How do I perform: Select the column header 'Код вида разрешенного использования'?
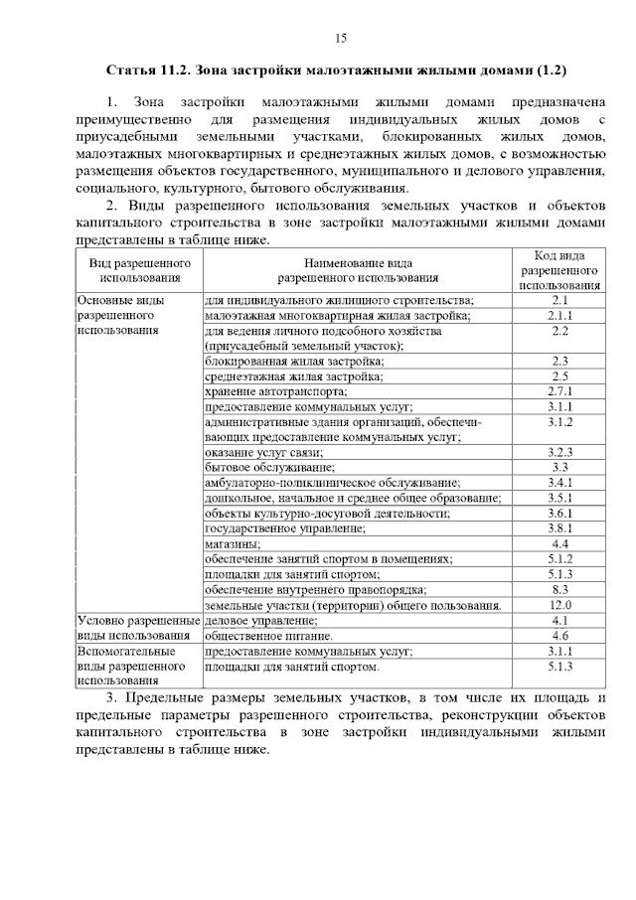(x=559, y=270)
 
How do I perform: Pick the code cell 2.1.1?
(x=559, y=315)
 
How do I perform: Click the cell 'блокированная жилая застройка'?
(x=294, y=362)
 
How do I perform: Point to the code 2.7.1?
(x=559, y=391)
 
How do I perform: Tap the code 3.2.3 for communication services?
(x=559, y=452)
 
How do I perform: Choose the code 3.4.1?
(x=559, y=482)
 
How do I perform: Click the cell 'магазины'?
(x=234, y=544)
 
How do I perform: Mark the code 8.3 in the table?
(x=559, y=589)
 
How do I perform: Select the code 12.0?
(x=559, y=605)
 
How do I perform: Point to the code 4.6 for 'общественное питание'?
(x=559, y=636)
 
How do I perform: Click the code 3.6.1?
(x=559, y=514)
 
